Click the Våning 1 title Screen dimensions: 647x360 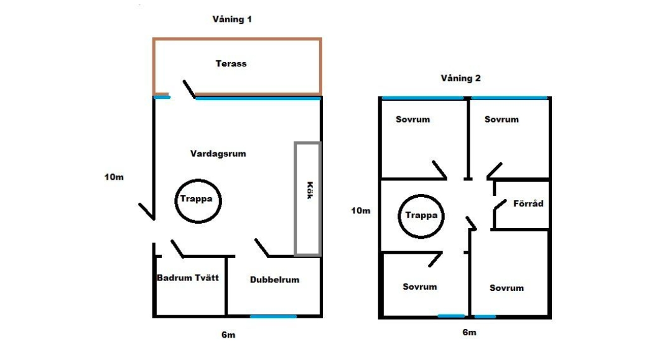coord(232,19)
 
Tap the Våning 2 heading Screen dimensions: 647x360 coord(460,78)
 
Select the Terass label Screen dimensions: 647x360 coord(231,63)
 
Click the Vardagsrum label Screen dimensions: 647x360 coord(218,154)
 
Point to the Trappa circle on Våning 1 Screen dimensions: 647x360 coord(198,180)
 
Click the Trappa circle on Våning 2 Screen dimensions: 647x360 coord(421,195)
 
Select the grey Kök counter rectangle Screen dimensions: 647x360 coord(296,198)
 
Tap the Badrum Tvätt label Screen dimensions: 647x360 coord(188,278)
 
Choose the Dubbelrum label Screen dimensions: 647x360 coord(274,280)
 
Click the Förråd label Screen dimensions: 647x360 coord(528,204)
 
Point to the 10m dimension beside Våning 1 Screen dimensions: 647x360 coord(114,177)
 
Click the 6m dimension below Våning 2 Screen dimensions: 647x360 coord(469,333)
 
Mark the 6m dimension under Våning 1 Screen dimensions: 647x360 coord(228,335)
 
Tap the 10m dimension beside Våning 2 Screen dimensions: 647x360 coord(361,211)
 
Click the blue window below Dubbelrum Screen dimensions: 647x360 coord(273,316)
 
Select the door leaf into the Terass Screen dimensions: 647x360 coord(189,89)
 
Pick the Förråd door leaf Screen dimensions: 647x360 coord(500,205)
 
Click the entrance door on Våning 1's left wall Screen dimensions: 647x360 coord(146,211)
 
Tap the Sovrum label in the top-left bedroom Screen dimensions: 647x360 coord(412,119)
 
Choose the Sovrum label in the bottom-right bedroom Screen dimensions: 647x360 coord(506,288)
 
